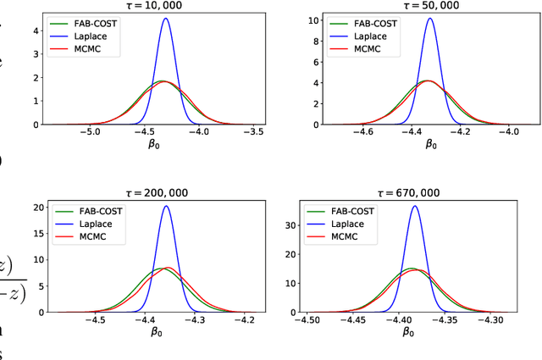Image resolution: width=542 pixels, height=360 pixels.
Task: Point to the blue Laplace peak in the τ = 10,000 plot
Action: [165, 19]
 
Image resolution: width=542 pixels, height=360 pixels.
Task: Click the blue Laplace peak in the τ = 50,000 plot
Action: [430, 19]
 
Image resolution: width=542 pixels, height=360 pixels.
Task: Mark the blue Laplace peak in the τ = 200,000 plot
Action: [166, 206]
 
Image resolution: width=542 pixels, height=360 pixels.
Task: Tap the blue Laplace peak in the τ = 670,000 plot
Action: [414, 206]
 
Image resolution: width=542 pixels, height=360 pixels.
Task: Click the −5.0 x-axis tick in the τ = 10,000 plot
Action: [91, 132]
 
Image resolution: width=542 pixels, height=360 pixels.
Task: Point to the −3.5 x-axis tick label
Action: [254, 132]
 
